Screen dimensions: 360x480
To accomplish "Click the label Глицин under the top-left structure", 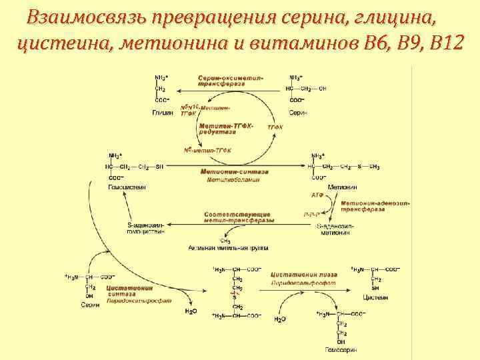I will pos(163,113).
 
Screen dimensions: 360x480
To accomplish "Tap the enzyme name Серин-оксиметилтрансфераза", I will pos(230,81).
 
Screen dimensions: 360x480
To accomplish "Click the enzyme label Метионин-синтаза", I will pos(230,171).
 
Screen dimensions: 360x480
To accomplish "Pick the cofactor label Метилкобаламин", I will pos(233,179).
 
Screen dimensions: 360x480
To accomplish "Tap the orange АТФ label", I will pos(317,195).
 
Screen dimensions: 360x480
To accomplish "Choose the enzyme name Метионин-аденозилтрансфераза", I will pos(374,206).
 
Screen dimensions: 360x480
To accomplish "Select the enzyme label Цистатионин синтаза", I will pos(130,292).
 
